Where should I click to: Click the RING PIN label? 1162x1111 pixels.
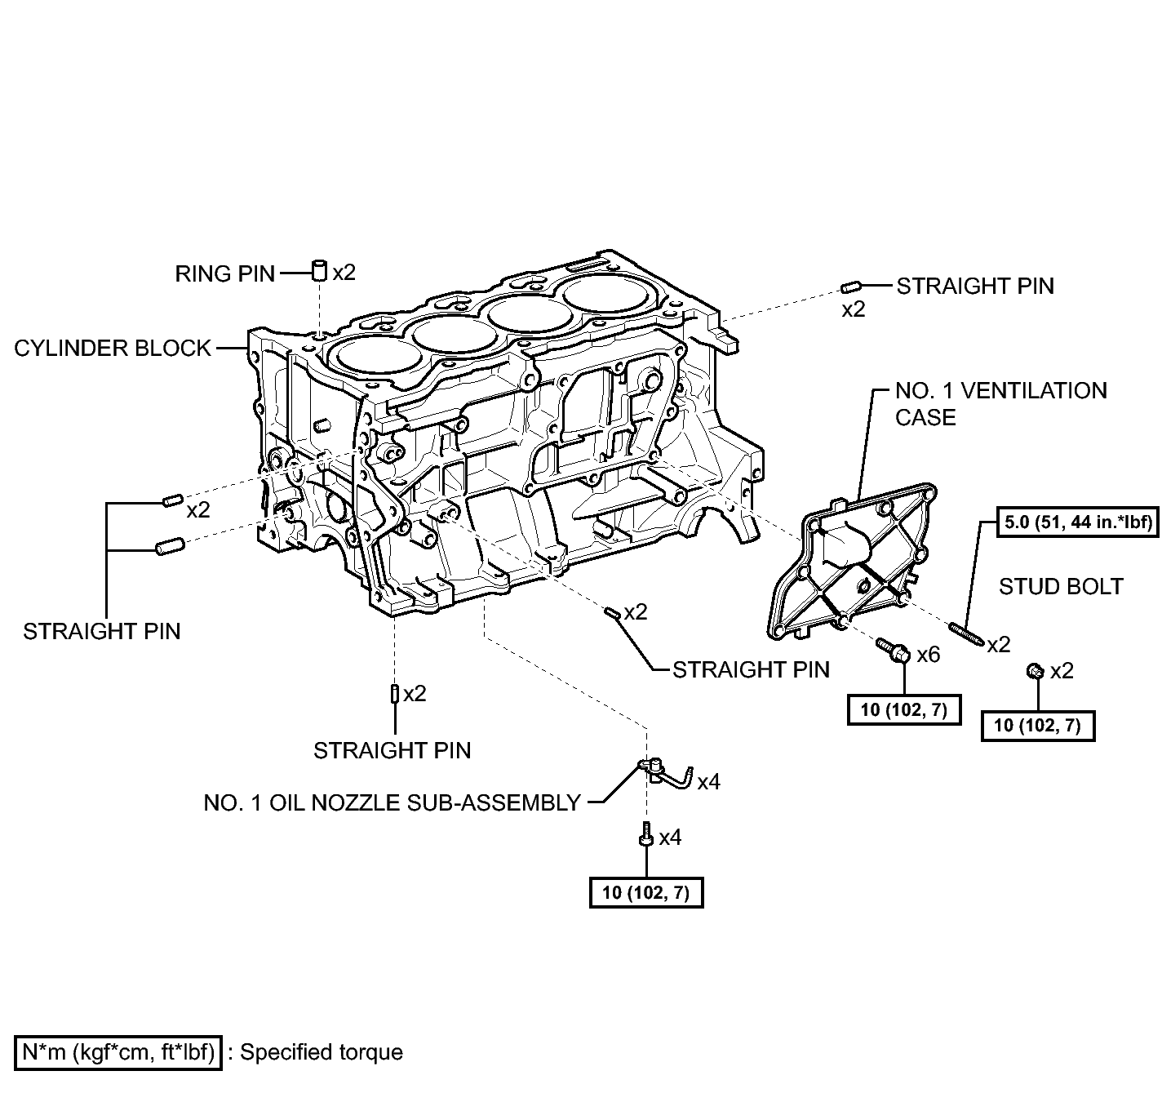[x=224, y=273]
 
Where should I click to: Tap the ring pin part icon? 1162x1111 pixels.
[x=320, y=270]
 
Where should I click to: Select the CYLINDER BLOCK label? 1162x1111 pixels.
[x=113, y=349]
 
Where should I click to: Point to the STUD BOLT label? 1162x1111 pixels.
[x=1061, y=587]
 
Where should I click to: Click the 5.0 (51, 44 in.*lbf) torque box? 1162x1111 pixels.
[x=1078, y=522]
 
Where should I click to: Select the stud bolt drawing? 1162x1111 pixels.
[x=966, y=633]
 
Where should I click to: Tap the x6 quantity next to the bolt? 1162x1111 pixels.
[x=929, y=655]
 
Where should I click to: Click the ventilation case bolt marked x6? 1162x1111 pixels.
[x=894, y=651]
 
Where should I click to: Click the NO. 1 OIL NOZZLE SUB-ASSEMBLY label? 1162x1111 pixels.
[x=393, y=802]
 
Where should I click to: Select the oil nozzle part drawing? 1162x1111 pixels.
[x=665, y=774]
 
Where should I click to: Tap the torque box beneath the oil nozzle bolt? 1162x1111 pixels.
[x=646, y=892]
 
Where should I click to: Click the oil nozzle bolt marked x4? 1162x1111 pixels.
[x=646, y=833]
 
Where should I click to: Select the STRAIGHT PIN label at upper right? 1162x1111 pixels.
[x=975, y=286]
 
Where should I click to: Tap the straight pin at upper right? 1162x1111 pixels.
[x=849, y=287]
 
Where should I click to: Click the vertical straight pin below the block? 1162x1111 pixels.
[x=394, y=694]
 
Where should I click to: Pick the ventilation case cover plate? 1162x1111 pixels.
[x=851, y=562]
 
